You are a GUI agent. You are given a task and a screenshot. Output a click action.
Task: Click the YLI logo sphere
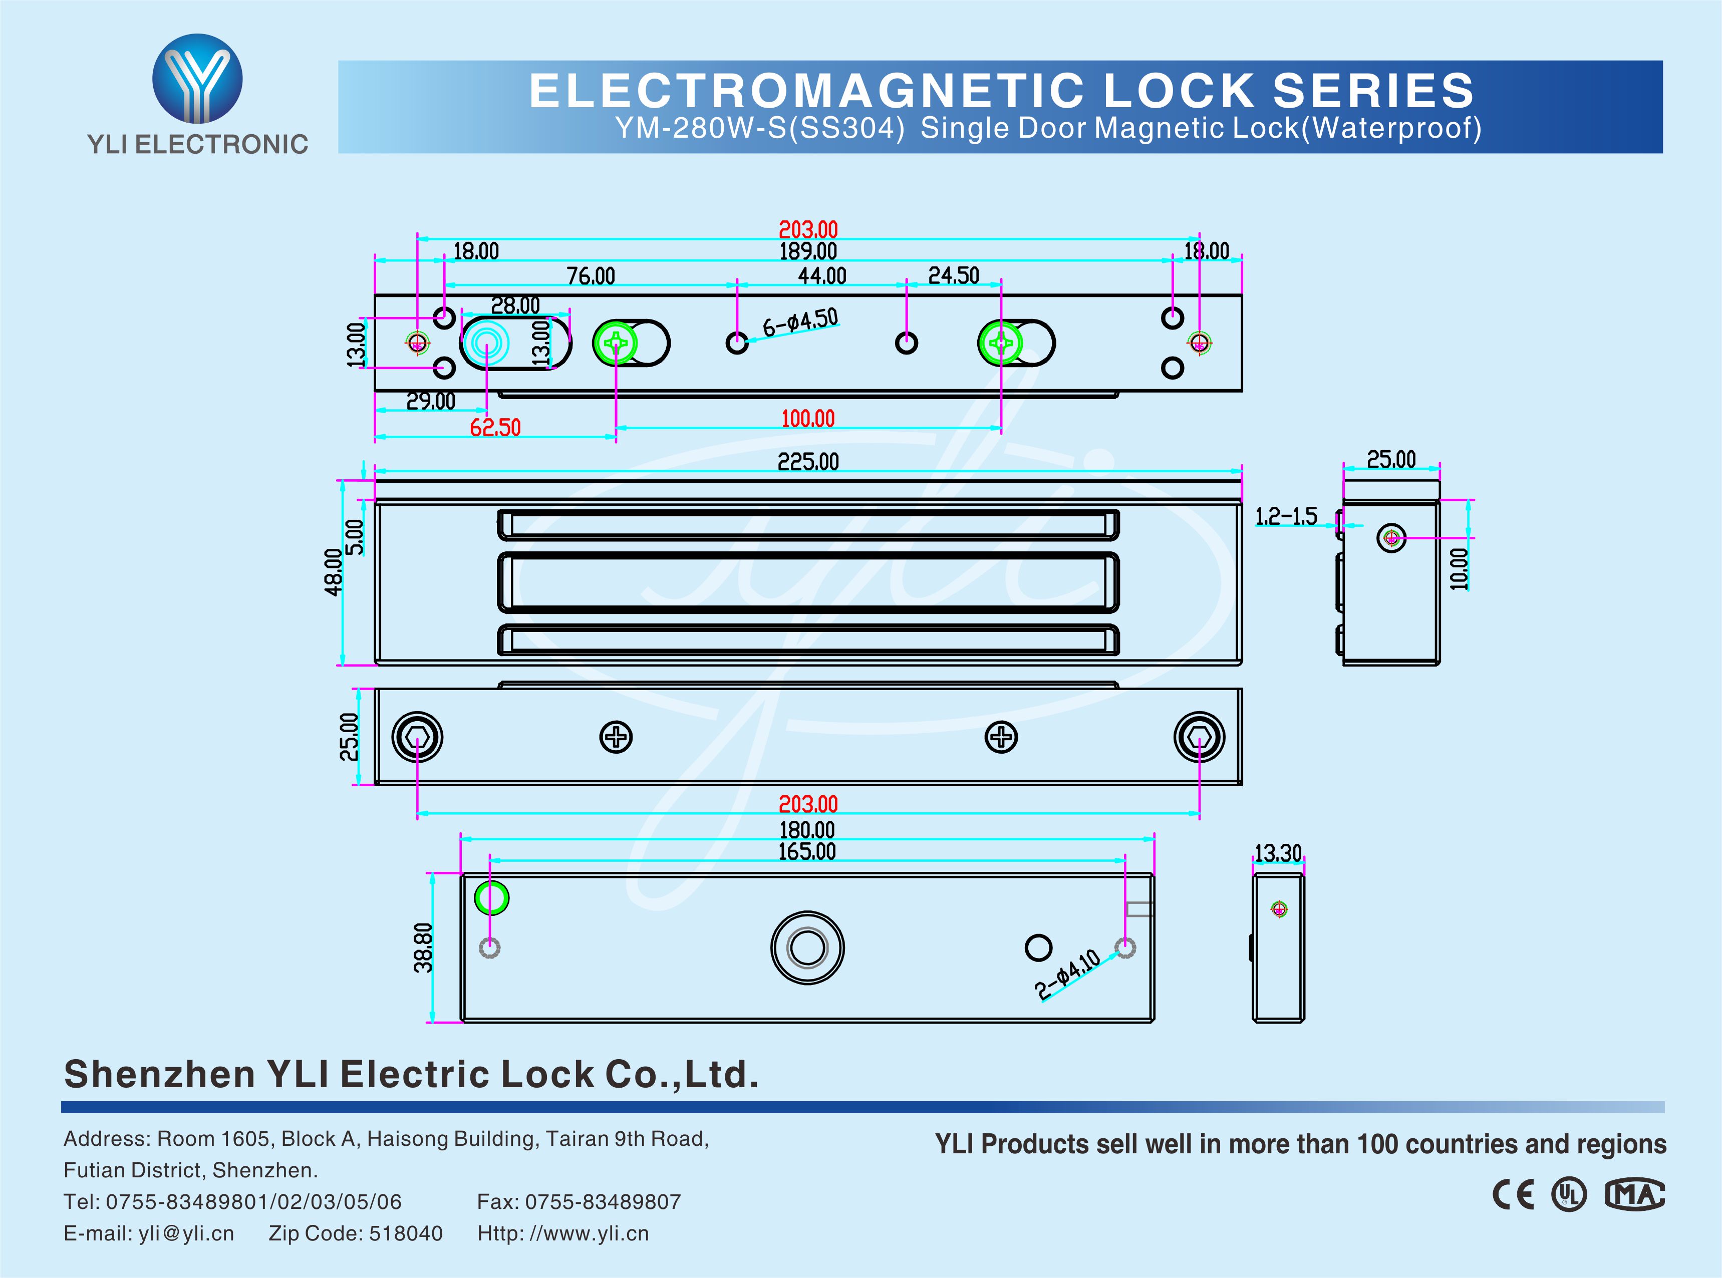tap(197, 78)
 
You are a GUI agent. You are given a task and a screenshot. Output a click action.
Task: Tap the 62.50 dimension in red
tap(495, 427)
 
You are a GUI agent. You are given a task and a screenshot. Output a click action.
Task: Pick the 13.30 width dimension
tap(1277, 853)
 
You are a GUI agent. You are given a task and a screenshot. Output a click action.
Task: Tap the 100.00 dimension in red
tap(807, 419)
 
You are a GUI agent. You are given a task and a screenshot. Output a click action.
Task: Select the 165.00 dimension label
tap(807, 852)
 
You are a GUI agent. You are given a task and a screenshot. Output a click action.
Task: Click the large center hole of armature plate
tap(807, 947)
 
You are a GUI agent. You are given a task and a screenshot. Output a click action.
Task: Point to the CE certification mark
tap(1512, 1195)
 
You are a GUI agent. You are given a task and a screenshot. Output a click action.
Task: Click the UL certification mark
tap(1569, 1195)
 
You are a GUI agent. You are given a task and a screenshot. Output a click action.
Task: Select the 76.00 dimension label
tap(591, 276)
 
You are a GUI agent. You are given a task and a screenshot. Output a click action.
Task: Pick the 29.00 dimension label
tap(431, 401)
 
